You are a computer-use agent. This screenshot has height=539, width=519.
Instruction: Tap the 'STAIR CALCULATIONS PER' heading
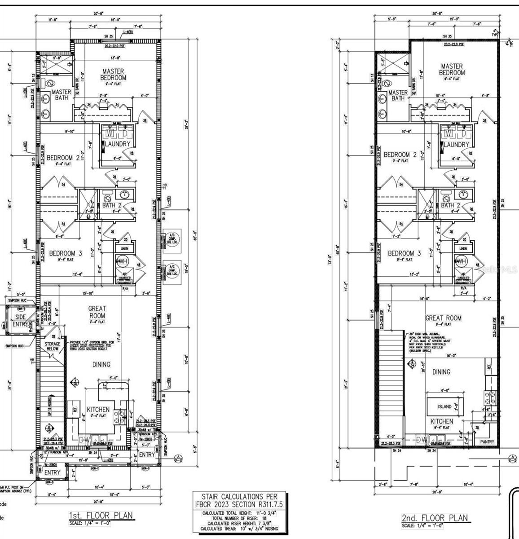(x=239, y=497)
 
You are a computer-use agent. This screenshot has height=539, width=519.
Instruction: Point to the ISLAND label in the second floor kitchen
(x=444, y=406)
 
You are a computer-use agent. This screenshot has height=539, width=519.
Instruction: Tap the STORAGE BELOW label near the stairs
(x=53, y=345)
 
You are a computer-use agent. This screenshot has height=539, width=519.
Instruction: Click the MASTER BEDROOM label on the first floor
(x=113, y=74)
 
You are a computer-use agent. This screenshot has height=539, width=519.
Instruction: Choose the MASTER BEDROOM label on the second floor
(x=452, y=69)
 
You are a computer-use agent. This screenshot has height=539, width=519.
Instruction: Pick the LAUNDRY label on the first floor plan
(x=118, y=144)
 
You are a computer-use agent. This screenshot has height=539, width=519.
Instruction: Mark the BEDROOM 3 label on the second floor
(x=404, y=253)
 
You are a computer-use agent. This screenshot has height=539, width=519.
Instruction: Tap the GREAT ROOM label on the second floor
(x=443, y=318)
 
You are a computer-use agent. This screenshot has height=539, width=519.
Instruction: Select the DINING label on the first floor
(x=101, y=365)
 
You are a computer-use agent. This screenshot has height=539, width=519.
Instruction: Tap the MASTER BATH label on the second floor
(x=398, y=95)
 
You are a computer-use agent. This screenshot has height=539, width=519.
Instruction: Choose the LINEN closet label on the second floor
(x=463, y=248)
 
